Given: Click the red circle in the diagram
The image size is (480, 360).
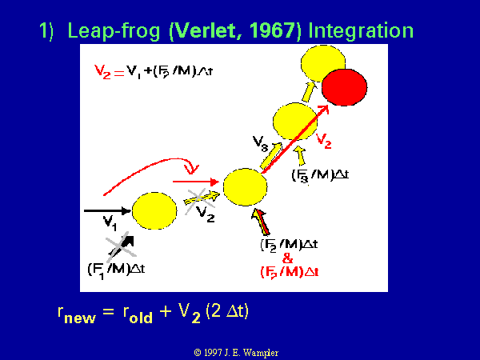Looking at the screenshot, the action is pos(344,87).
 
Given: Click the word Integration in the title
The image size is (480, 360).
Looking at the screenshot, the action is pos(361,31).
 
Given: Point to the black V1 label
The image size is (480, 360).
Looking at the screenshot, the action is pos(110,222).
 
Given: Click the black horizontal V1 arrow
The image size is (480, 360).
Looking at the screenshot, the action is pos(108,210).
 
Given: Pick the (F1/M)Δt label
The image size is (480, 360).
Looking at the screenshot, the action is pos(116,270).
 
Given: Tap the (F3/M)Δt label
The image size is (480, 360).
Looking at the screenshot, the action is pos(320,176).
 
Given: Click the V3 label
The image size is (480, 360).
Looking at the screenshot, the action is pos(260,143).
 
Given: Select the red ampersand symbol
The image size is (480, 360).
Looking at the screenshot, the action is pos(287,258).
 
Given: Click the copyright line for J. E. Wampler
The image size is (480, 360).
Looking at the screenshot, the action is pos(236,353).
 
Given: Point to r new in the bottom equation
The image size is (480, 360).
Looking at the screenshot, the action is pos(77,314).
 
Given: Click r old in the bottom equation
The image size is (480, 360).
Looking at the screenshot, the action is pos(138,314).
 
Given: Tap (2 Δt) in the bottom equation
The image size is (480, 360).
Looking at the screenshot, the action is pos(227,312).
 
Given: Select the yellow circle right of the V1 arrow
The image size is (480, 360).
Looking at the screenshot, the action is pos(154,210).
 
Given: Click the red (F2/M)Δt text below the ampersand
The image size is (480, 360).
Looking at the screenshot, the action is pos(290,272).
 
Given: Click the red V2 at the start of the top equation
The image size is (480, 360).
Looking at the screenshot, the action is pos(102,72).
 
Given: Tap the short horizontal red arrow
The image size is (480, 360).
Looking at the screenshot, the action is pos(196,182).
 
